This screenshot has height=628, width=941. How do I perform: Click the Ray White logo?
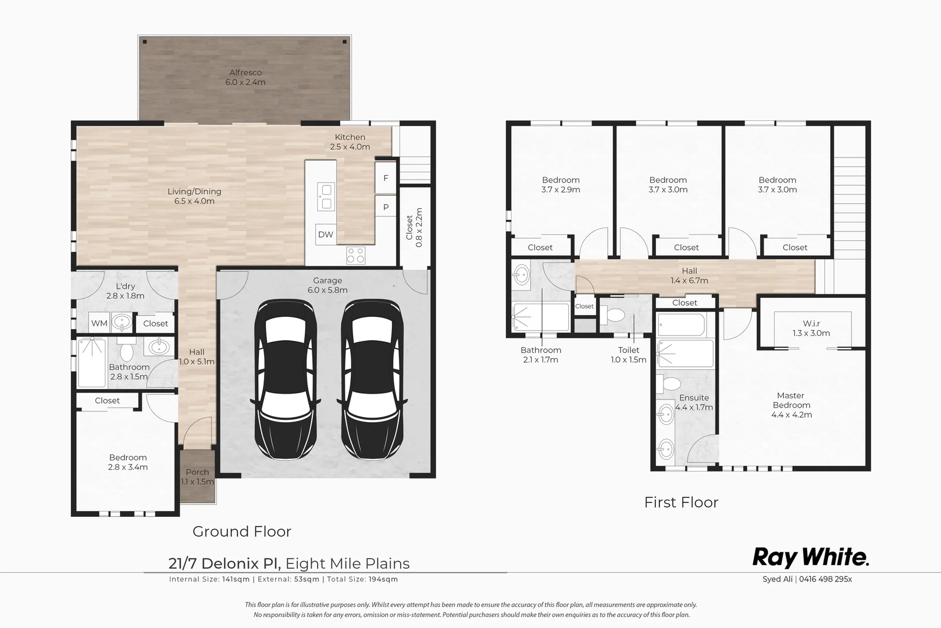pyautogui.click(x=810, y=558)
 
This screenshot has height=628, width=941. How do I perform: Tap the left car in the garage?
pyautogui.click(x=286, y=379)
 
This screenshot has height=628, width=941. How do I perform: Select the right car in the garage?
pyautogui.click(x=372, y=379)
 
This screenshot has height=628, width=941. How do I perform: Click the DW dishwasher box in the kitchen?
pyautogui.click(x=326, y=234)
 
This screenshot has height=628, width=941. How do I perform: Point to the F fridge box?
pyautogui.click(x=386, y=178)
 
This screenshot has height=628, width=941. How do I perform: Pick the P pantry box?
pyautogui.click(x=386, y=207)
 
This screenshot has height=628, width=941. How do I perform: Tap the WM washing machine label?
pyautogui.click(x=99, y=323)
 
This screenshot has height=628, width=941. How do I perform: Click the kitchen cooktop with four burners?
pyautogui.click(x=356, y=255)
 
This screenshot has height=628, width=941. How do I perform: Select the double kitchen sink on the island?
pyautogui.click(x=326, y=197)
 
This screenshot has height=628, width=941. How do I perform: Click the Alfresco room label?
pyautogui.click(x=245, y=73)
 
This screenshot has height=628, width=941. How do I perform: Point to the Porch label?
pyautogui.click(x=197, y=472)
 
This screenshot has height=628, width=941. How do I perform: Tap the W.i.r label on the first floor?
pyautogui.click(x=811, y=323)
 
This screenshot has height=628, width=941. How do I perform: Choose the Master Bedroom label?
pyautogui.click(x=792, y=400)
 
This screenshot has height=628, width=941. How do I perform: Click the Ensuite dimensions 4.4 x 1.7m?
pyautogui.click(x=694, y=407)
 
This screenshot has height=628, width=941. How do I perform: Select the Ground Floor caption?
pyautogui.click(x=242, y=531)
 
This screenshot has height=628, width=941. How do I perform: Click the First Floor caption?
pyautogui.click(x=682, y=502)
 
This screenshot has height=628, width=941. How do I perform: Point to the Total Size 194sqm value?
pyautogui.click(x=383, y=579)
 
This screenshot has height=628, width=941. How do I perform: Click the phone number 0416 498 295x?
pyautogui.click(x=825, y=579)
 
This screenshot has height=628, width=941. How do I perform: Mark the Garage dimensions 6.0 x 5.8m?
pyautogui.click(x=327, y=290)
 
